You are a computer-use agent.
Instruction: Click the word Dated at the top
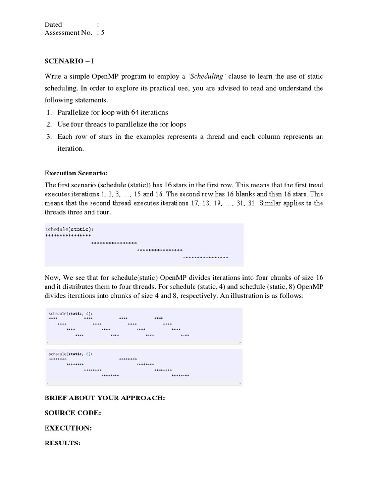(53, 24)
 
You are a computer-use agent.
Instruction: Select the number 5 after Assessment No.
(103, 33)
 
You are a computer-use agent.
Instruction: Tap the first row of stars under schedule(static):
(68, 236)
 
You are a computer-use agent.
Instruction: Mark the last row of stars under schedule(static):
(206, 257)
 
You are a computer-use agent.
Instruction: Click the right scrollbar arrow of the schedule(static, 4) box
(240, 343)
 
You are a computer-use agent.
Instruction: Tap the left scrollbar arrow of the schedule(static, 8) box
(47, 384)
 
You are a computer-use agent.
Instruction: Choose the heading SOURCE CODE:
(73, 413)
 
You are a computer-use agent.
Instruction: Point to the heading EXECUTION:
(68, 428)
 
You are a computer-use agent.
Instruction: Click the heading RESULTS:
(62, 443)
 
